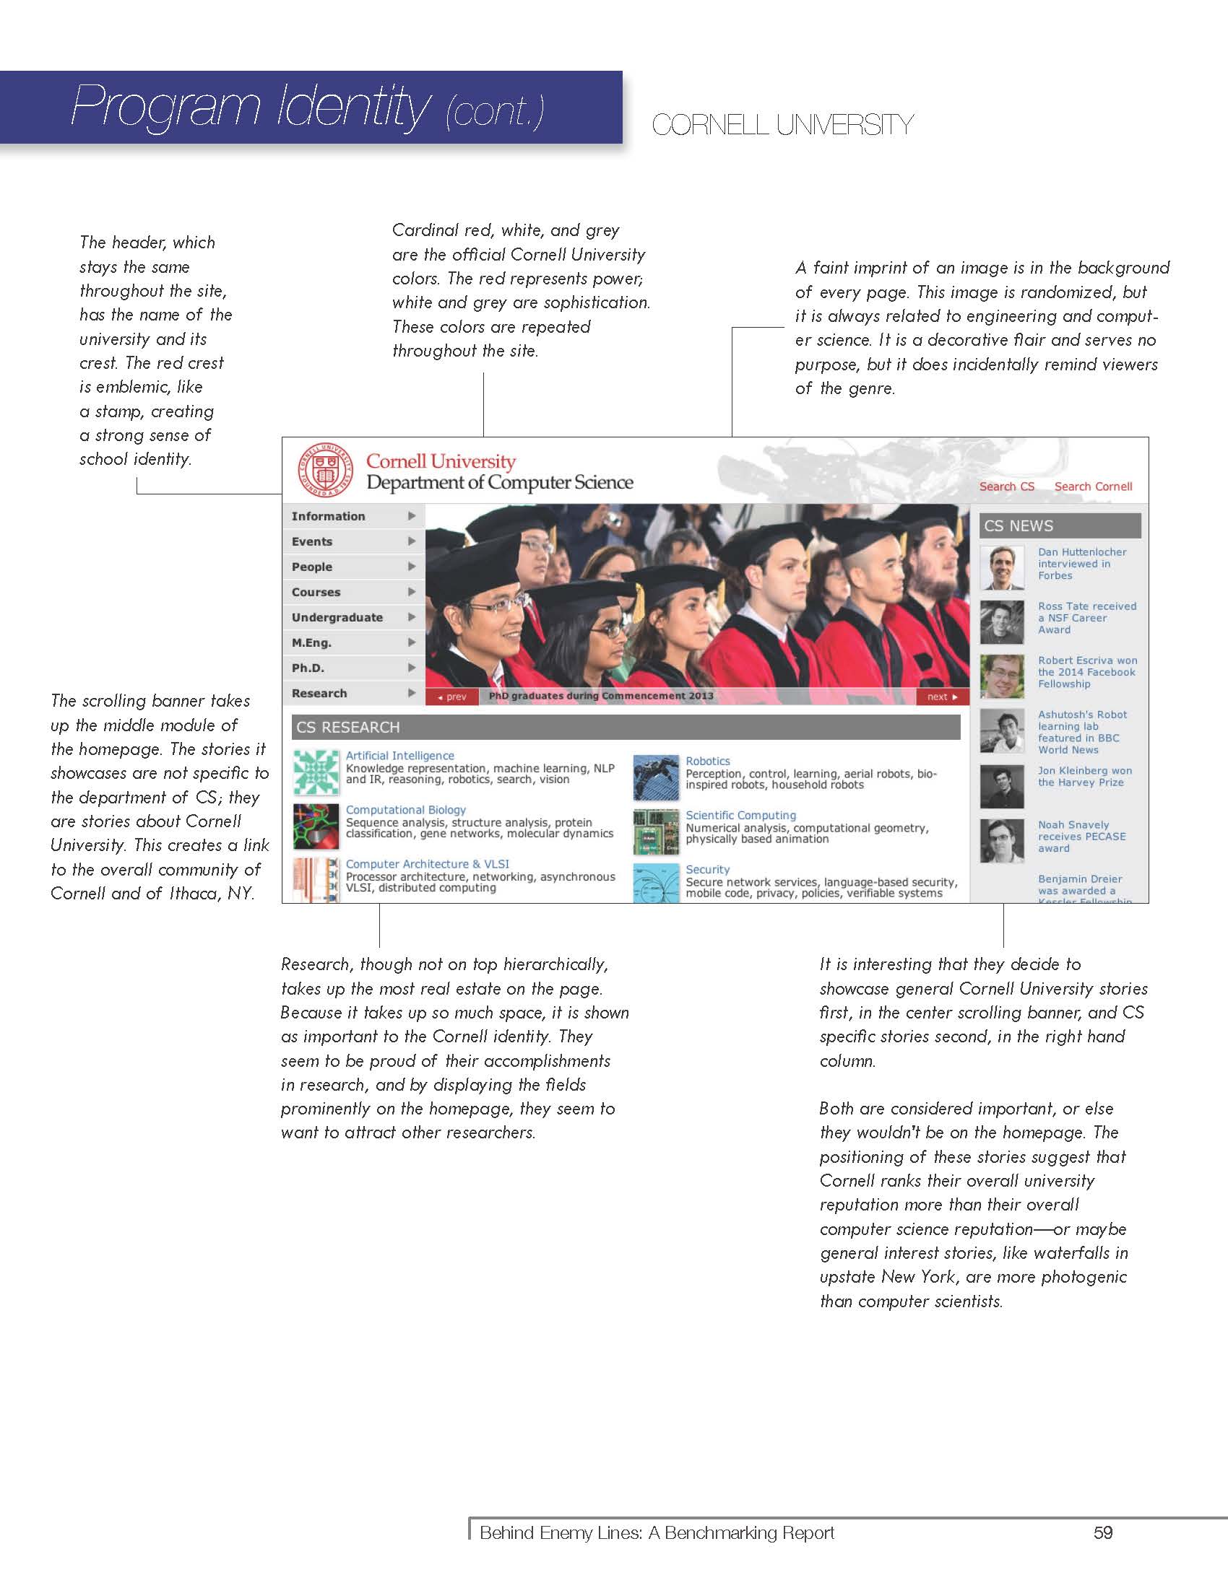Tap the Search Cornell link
click(1093, 487)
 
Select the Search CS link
click(1006, 487)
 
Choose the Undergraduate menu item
click(337, 617)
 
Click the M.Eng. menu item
click(311, 642)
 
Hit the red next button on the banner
click(942, 697)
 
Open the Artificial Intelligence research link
click(399, 756)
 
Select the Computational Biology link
click(405, 810)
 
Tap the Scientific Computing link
click(740, 816)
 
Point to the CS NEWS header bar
click(1059, 525)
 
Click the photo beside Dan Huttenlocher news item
click(1002, 567)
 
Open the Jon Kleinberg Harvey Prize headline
click(1084, 777)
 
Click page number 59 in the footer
click(1103, 1532)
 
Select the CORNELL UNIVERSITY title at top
click(782, 125)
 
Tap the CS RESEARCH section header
click(625, 727)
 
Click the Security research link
click(707, 870)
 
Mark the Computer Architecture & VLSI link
click(427, 864)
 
